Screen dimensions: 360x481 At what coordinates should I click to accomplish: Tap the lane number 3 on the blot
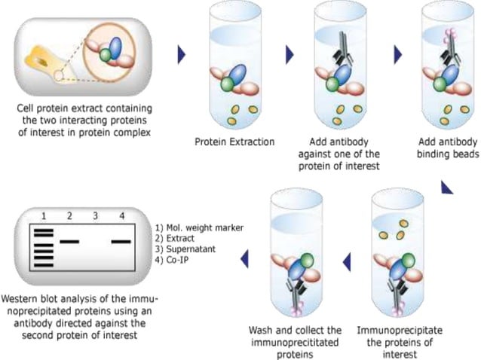pos(94,215)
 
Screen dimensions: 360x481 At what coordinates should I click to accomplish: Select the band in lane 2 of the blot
pos(69,241)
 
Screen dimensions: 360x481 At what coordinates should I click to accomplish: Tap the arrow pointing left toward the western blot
pos(244,261)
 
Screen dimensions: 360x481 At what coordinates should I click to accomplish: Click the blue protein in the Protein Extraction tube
pos(237,76)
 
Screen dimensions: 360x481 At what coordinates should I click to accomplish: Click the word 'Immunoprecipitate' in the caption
pos(400,330)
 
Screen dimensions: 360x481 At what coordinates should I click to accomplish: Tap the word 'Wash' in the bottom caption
pos(260,330)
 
